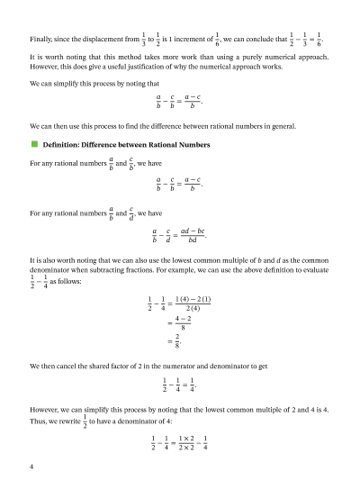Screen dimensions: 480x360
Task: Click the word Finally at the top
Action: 40,41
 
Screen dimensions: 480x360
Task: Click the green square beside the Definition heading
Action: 33,144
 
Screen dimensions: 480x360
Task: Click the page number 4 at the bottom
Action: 31,466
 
